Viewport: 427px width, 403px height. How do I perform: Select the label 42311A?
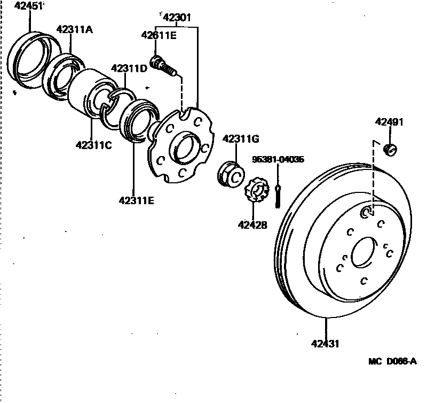point(74,29)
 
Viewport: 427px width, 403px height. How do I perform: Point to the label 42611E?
point(159,36)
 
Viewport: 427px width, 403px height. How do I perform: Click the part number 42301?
point(177,18)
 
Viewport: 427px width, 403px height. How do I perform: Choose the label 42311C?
point(93,144)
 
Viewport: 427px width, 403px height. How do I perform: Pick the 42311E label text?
point(136,201)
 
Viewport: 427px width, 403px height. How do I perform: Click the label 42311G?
point(240,139)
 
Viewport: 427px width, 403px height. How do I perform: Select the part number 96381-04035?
point(279,159)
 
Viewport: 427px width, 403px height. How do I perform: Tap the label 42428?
point(252,225)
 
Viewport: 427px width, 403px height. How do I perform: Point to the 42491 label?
point(389,122)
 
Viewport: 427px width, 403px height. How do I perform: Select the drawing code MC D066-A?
point(392,361)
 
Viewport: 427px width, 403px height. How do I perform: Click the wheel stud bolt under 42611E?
point(163,67)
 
